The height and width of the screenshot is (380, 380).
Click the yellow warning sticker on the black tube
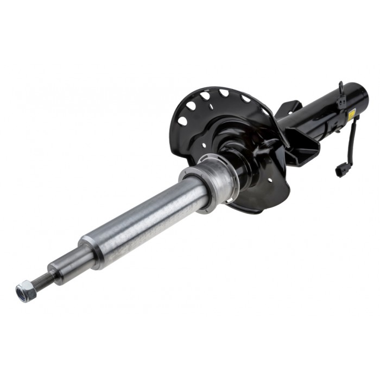pos(351,115)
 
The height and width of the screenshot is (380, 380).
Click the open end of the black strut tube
pos(363,94)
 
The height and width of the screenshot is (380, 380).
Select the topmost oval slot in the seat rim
pos(224,93)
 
